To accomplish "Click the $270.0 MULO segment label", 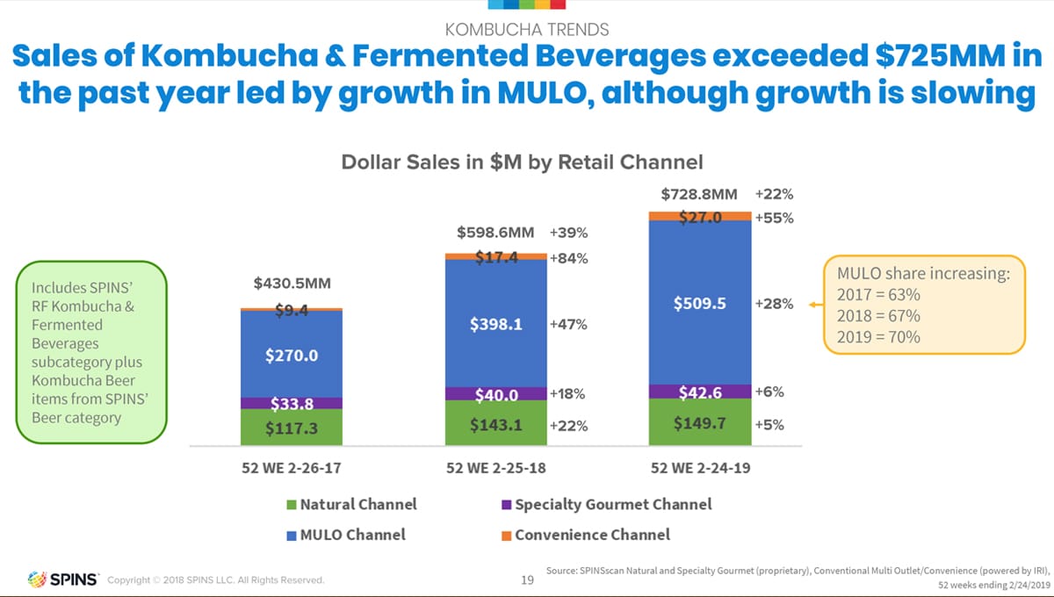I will [291, 356].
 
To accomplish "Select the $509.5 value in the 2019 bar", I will [699, 304].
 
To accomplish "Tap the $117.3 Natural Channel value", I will [291, 428].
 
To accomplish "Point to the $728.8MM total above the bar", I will [699, 194].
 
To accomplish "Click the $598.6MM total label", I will [495, 233].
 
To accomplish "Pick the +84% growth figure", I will [568, 258].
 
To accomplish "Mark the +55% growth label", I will [774, 218].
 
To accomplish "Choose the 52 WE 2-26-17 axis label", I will [291, 468].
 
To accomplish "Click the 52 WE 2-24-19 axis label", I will [699, 468].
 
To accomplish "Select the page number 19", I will [527, 579].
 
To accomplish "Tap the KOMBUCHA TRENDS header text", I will [527, 30].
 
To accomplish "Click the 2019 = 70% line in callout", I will [878, 336].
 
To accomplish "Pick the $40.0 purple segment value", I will [495, 395].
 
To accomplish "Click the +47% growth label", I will [568, 324].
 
